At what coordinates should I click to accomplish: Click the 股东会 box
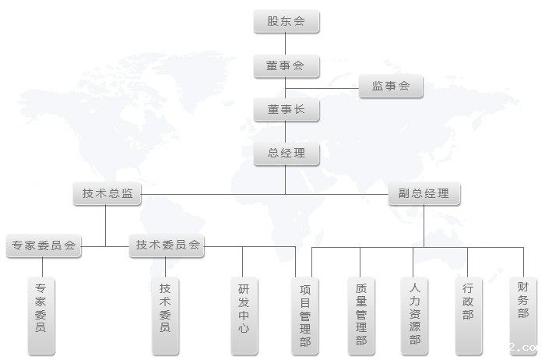(287, 22)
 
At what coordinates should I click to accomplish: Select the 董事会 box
(287, 65)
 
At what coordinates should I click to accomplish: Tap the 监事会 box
(391, 86)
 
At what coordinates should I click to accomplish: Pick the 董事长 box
(287, 110)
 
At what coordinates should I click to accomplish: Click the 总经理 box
(287, 154)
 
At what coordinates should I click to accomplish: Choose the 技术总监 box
(107, 193)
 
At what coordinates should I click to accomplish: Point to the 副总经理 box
(424, 193)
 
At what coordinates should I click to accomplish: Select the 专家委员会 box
(44, 246)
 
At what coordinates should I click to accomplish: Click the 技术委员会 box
(167, 245)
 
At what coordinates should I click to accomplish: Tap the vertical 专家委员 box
(41, 316)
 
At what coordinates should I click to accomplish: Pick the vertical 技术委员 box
(165, 316)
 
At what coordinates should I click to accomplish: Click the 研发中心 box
(244, 316)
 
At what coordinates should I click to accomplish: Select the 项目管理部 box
(305, 316)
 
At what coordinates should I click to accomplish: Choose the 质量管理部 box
(361, 316)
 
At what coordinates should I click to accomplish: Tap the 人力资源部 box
(414, 316)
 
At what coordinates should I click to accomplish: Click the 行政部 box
(469, 316)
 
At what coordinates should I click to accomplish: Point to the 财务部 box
(523, 316)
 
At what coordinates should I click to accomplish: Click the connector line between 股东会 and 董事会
(286, 44)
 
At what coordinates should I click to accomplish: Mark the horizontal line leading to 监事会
(322, 88)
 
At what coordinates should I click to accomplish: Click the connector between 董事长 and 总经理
(286, 132)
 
